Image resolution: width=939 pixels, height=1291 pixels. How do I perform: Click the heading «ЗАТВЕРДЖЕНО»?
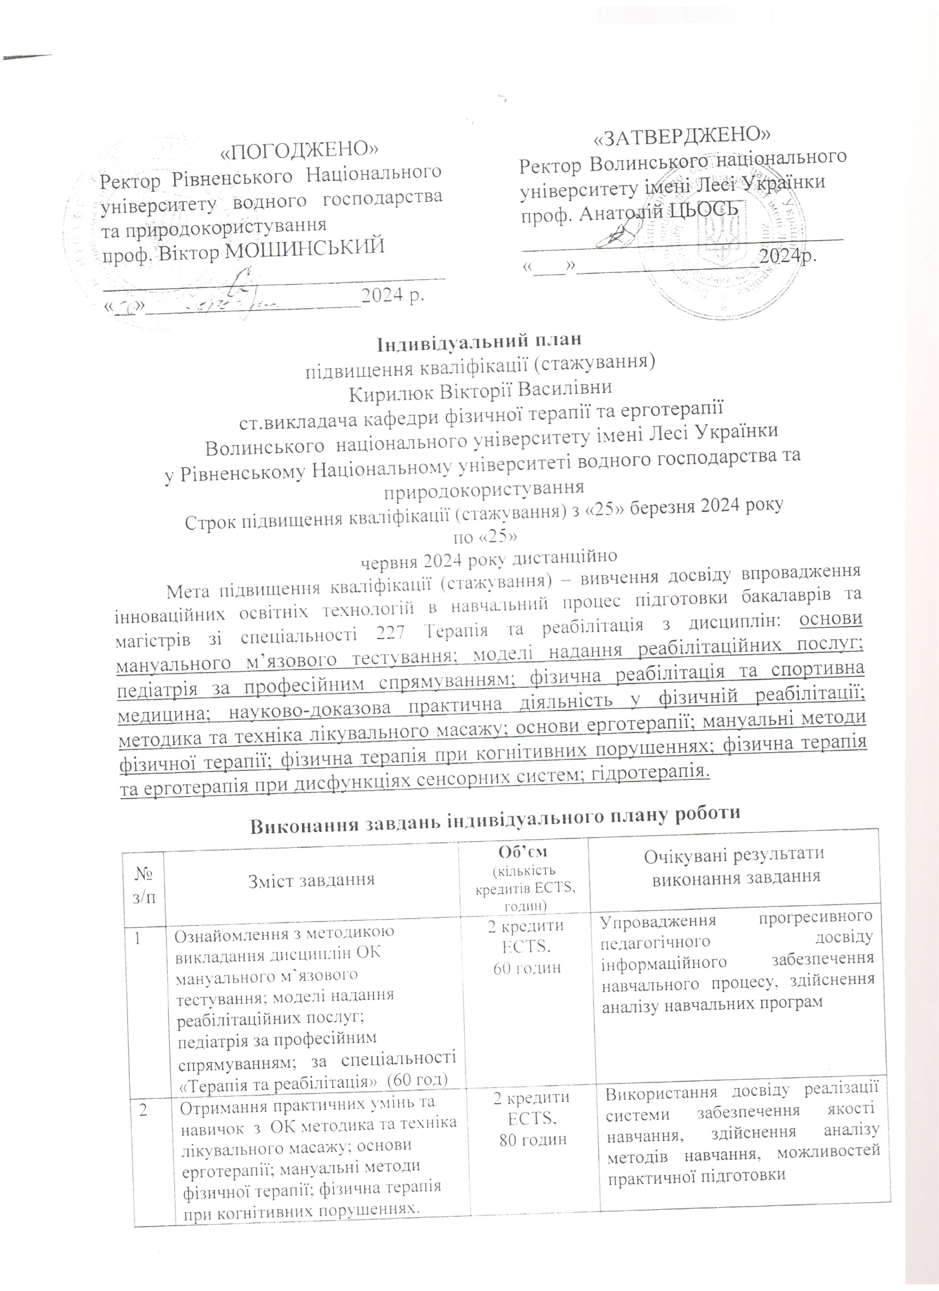(x=684, y=134)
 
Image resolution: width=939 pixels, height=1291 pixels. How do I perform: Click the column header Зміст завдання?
(x=311, y=879)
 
